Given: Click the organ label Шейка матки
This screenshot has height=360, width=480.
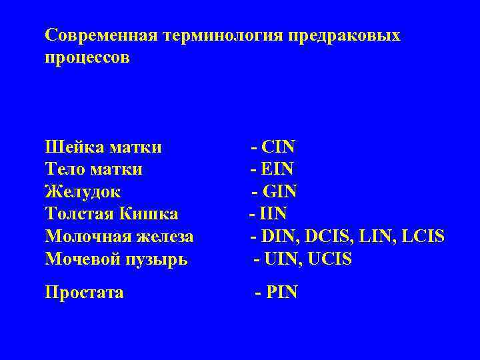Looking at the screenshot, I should pyautogui.click(x=103, y=147).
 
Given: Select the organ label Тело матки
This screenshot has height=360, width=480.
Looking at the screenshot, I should pyautogui.click(x=93, y=169).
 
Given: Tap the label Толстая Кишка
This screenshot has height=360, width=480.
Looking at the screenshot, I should pyautogui.click(x=111, y=215).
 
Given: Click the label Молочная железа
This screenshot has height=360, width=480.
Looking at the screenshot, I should pyautogui.click(x=119, y=237).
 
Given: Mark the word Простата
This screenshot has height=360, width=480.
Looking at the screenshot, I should pyautogui.click(x=84, y=292).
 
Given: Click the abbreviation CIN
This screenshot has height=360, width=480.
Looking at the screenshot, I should pyautogui.click(x=279, y=147).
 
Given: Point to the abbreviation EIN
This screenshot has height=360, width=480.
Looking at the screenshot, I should pyautogui.click(x=279, y=169).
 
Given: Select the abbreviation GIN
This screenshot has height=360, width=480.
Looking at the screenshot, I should pyautogui.click(x=280, y=192).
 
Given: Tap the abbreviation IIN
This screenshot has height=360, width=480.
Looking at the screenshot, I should pyautogui.click(x=274, y=215).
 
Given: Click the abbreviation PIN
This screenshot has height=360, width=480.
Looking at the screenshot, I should pyautogui.click(x=282, y=292).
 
